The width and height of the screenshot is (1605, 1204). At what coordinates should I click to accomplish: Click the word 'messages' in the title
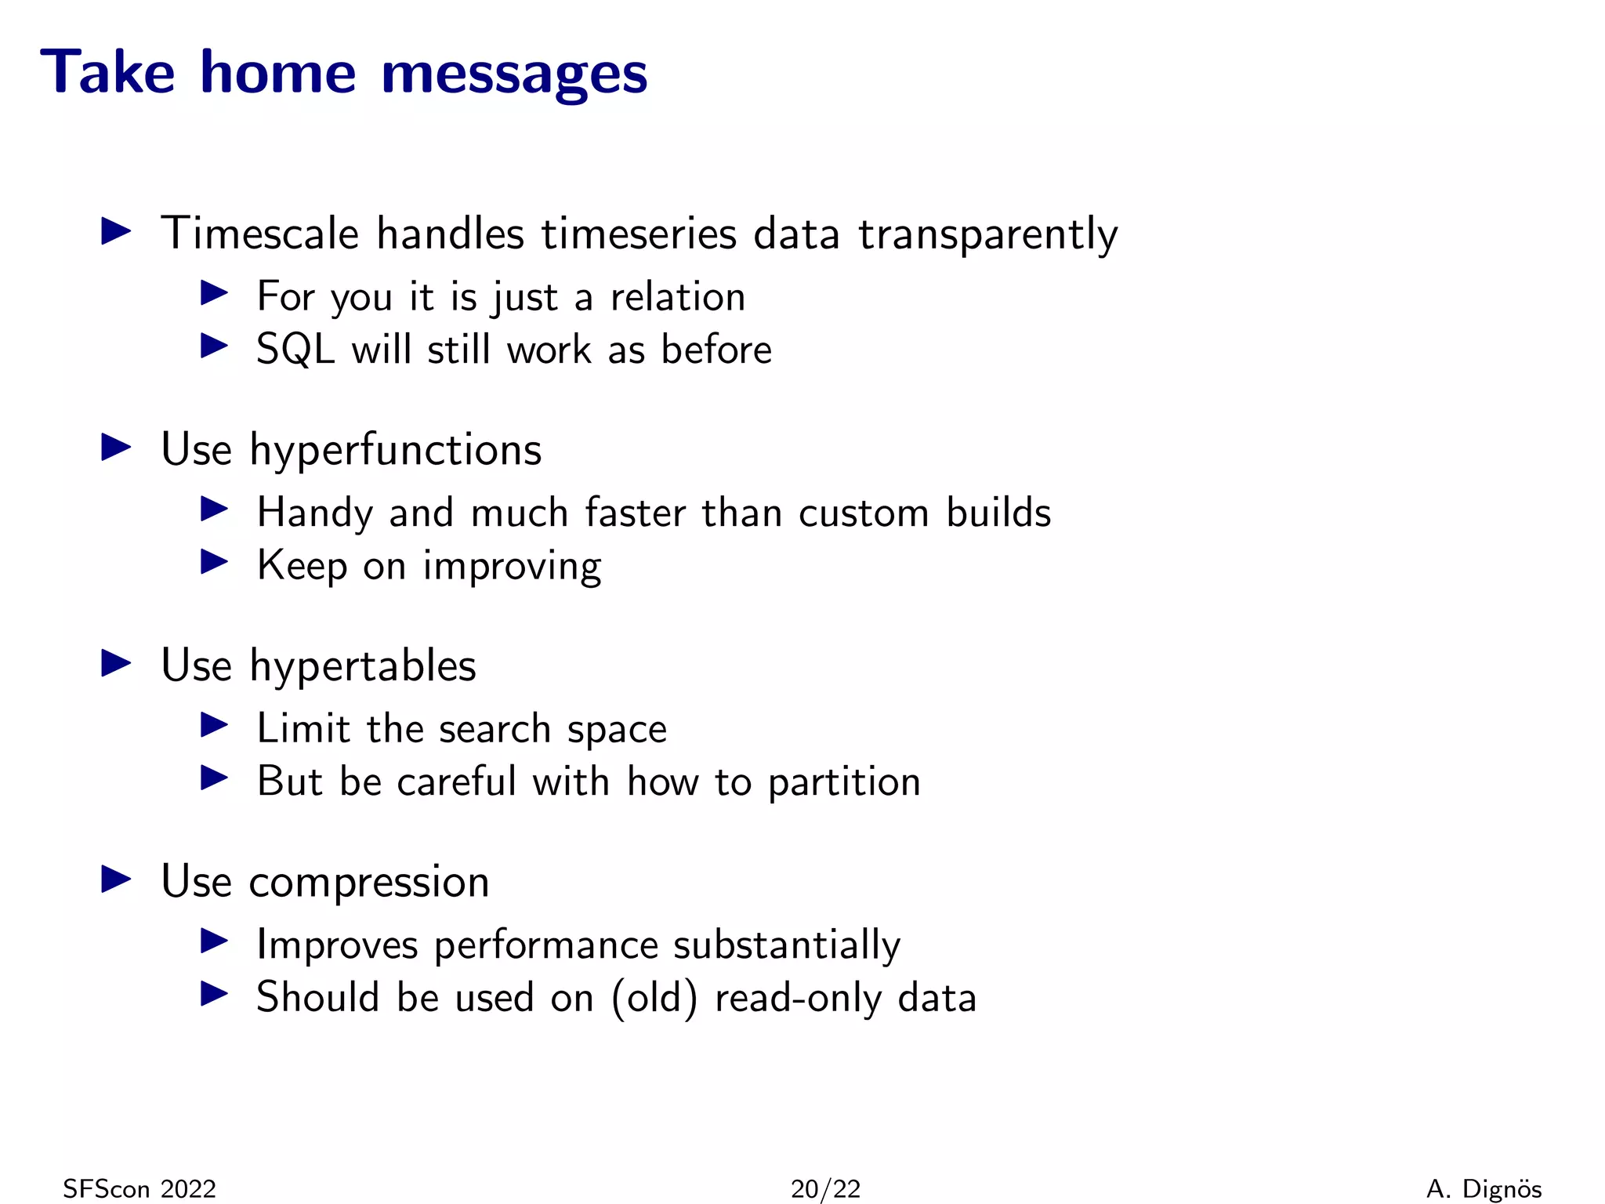click(514, 74)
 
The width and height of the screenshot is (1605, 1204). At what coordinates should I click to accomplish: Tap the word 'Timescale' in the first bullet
click(260, 234)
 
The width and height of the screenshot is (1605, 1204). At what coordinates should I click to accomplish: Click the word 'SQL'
click(295, 350)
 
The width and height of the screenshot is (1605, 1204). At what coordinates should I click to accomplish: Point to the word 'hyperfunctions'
click(395, 451)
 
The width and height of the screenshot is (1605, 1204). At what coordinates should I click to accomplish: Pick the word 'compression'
click(368, 882)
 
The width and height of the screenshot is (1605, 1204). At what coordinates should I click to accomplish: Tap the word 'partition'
click(844, 783)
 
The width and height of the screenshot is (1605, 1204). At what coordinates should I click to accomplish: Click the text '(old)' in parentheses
click(654, 998)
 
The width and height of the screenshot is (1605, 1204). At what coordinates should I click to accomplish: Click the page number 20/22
click(825, 1189)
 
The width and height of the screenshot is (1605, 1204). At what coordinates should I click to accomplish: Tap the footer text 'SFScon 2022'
click(139, 1189)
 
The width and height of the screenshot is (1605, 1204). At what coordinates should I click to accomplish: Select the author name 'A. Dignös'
click(1484, 1189)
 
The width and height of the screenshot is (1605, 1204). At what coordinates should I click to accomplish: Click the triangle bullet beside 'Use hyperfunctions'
click(117, 448)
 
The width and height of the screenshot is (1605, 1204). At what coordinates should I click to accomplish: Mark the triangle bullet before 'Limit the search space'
click(214, 724)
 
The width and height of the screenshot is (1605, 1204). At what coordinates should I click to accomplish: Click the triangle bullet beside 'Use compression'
click(117, 879)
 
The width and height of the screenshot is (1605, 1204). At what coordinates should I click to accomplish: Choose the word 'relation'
click(678, 297)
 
